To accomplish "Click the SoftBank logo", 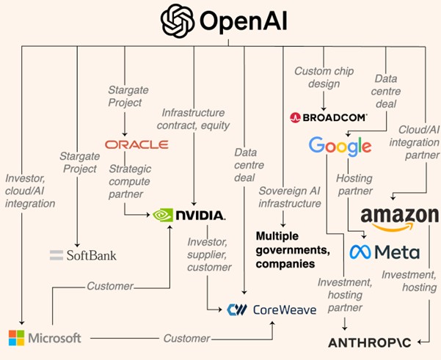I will tap(83, 255).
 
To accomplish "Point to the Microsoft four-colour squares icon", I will tap(16, 338).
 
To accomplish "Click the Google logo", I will tap(340, 146).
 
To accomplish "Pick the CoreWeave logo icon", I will tap(237, 309).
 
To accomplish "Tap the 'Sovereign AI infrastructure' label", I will tap(289, 196).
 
